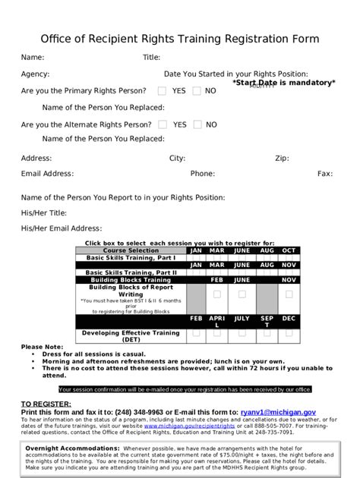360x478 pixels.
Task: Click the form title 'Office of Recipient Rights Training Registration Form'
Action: point(180,39)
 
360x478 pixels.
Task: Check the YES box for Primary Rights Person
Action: point(163,91)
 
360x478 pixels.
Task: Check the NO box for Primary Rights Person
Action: point(197,91)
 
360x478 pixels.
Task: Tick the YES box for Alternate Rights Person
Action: point(163,124)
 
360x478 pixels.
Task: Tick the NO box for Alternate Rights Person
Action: point(197,124)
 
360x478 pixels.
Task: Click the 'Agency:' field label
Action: point(35,74)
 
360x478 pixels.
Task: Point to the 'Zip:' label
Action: point(282,159)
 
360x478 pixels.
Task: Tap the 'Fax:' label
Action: point(325,174)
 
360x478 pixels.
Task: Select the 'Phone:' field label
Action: point(202,174)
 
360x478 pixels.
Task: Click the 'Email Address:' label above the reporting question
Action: point(47,174)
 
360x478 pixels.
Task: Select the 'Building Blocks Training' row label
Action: point(131,280)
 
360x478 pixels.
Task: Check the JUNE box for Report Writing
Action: point(242,294)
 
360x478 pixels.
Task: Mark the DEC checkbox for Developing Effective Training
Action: point(289,333)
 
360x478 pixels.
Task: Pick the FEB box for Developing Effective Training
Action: point(196,333)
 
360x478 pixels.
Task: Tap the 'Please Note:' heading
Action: point(43,347)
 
